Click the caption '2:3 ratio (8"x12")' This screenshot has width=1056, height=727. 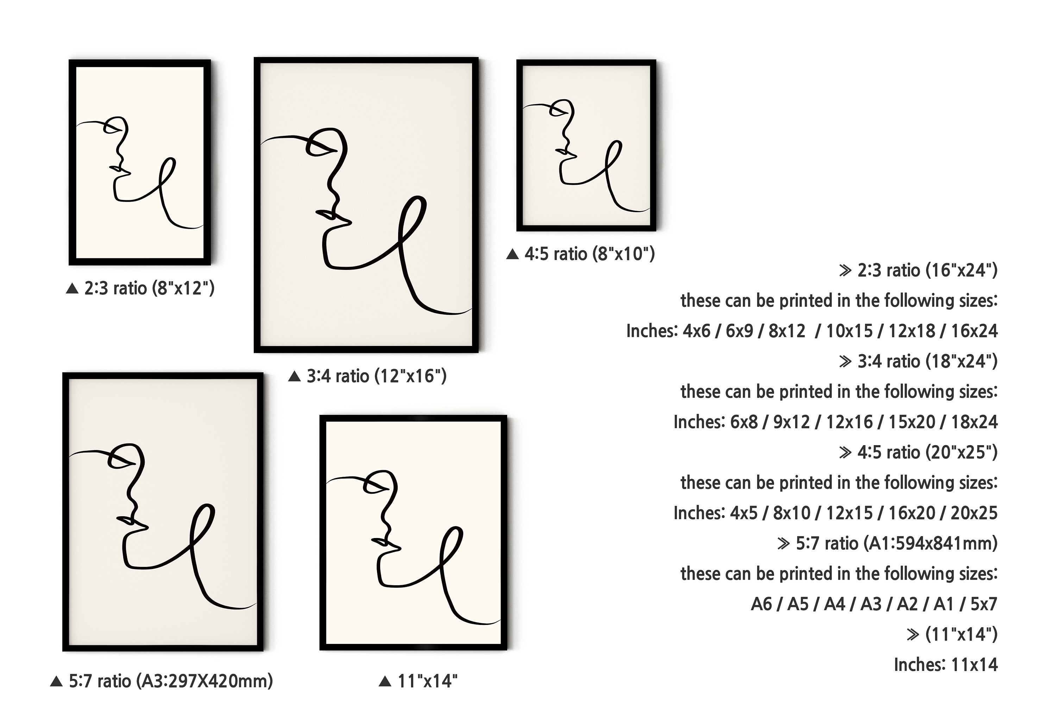point(149,288)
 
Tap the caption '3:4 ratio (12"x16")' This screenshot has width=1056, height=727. point(376,376)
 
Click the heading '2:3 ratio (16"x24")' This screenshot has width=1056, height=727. point(927,270)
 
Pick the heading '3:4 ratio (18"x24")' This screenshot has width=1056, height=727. point(927,361)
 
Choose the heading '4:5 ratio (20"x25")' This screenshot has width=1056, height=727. point(927,452)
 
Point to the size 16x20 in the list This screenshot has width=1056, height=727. point(912,513)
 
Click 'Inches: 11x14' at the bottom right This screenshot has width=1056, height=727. point(946,665)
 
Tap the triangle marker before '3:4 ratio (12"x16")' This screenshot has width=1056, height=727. point(295,376)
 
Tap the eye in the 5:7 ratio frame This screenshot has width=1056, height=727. point(120,461)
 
